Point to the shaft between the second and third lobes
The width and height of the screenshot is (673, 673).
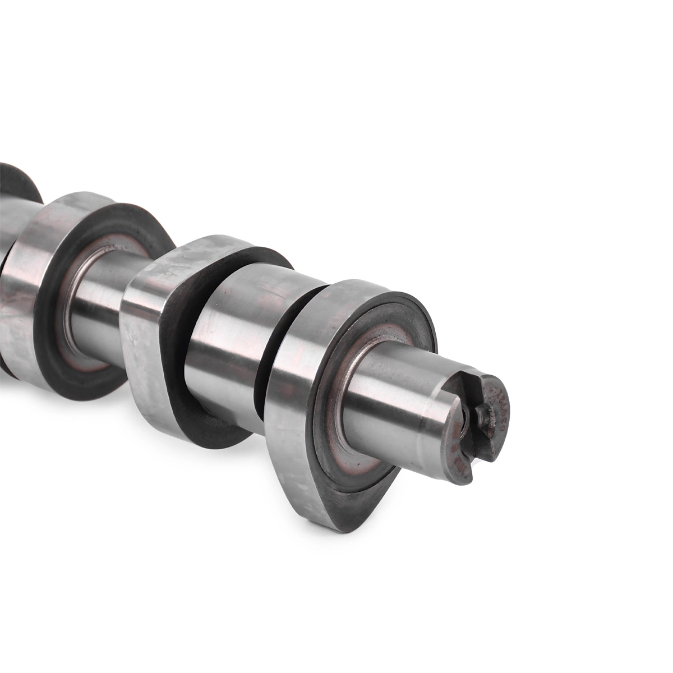click(95, 292)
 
